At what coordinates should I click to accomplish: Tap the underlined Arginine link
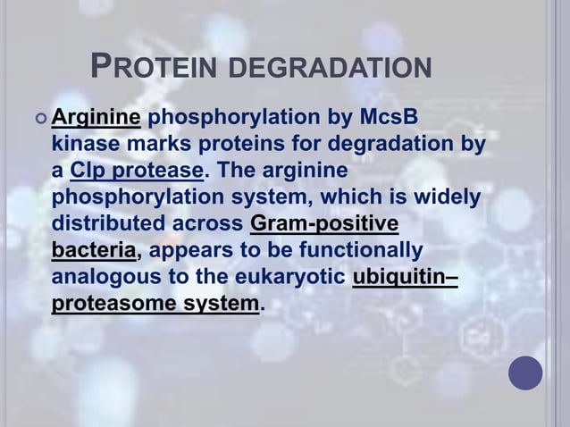(x=95, y=118)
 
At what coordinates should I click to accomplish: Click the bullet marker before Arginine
(x=38, y=119)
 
